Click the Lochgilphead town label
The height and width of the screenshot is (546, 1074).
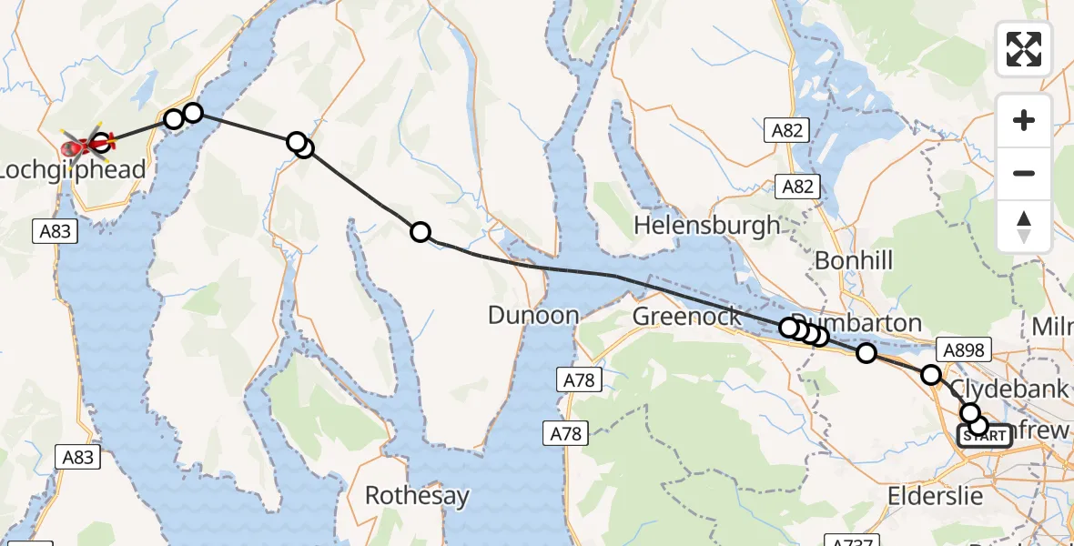pos(73,170)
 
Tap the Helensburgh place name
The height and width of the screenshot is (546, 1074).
pos(707,225)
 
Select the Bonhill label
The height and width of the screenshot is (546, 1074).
pos(853,261)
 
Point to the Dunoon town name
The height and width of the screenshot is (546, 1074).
pos(533,316)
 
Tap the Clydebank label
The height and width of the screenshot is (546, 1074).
pos(1008,389)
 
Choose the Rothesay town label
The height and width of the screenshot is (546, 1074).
pos(417,496)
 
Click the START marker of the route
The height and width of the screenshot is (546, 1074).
pos(984,437)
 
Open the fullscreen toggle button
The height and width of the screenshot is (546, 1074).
pos(1024,49)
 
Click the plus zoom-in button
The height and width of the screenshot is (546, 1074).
pos(1024,120)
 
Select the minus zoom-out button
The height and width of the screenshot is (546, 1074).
pos(1024,173)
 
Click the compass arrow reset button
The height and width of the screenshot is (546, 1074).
pos(1024,226)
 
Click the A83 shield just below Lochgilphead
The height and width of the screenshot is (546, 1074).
pos(56,231)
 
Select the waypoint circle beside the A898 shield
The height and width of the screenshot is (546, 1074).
pos(930,374)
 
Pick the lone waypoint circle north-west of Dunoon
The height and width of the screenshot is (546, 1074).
pos(420,232)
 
